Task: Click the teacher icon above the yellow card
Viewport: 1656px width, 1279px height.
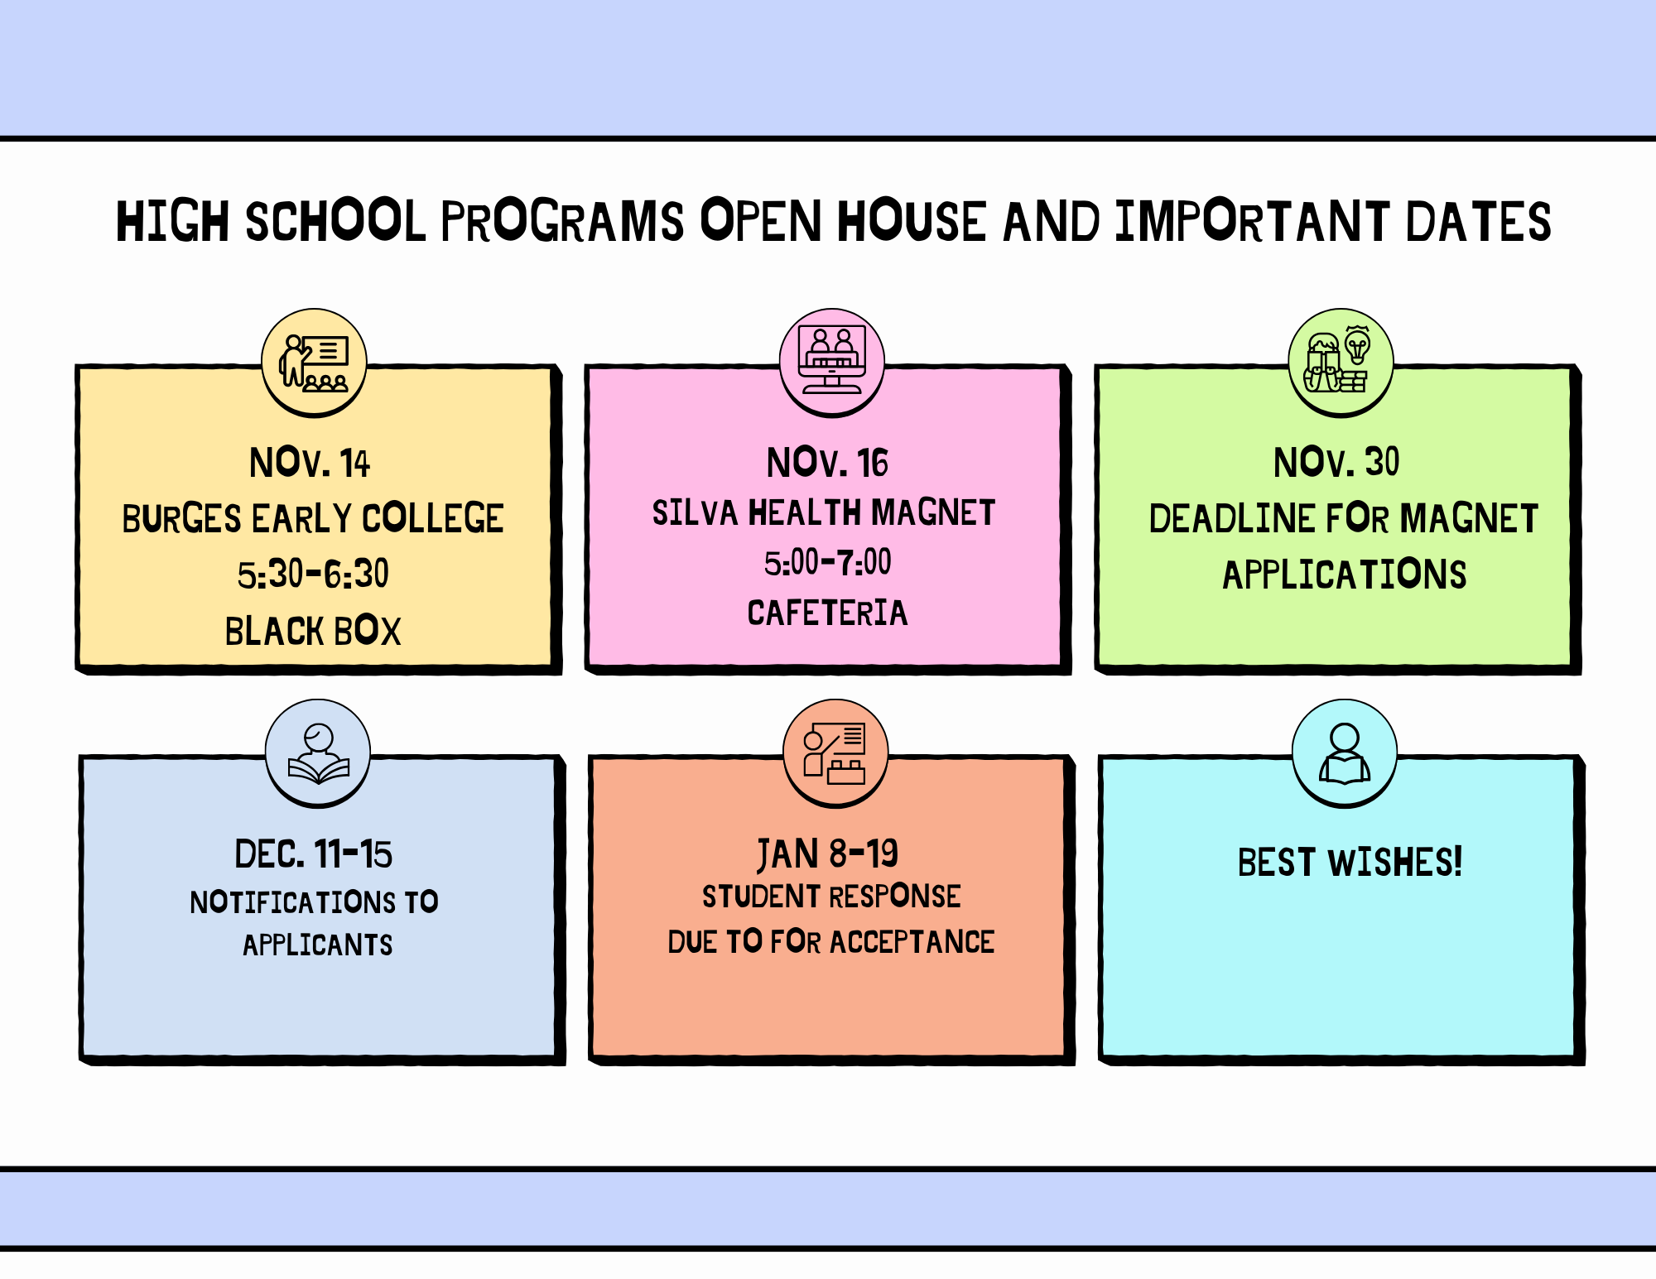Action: (x=315, y=363)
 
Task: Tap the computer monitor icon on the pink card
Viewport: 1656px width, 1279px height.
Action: (x=832, y=363)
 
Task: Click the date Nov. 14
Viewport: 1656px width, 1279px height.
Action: (x=310, y=463)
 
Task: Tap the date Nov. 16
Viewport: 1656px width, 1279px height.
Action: (x=827, y=463)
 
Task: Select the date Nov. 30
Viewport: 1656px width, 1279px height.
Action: (x=1336, y=462)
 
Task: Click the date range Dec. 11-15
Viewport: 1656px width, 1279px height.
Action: (x=314, y=854)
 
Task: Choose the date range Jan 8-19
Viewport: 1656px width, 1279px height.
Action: (x=827, y=854)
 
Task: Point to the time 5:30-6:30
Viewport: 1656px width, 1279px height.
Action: (x=313, y=574)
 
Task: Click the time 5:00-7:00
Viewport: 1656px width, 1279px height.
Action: (x=828, y=563)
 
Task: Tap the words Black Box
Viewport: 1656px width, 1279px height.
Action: (x=313, y=631)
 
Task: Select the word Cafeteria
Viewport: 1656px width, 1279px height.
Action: (x=828, y=613)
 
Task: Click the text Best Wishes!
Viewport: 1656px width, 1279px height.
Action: (x=1350, y=862)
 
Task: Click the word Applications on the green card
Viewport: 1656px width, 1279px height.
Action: (x=1345, y=575)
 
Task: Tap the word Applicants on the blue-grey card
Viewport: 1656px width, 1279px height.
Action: (x=318, y=945)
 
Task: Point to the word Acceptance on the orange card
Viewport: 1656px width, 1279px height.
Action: (x=912, y=942)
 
